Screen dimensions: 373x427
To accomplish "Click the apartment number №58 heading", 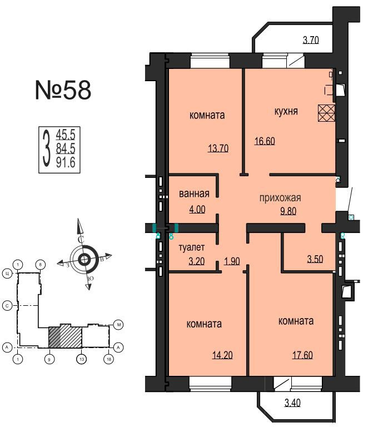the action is (62, 91).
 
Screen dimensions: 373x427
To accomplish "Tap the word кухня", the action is (286, 111).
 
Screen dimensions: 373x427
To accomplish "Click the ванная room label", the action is (194, 194).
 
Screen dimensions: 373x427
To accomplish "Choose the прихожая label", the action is (281, 197).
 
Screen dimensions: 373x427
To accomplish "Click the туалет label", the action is (192, 247).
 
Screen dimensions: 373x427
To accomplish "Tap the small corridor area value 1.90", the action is (232, 260).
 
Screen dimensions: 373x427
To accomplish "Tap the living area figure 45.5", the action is (66, 134).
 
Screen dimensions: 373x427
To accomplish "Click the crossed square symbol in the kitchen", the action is (326, 113).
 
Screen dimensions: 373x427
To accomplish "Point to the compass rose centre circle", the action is (84, 259).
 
